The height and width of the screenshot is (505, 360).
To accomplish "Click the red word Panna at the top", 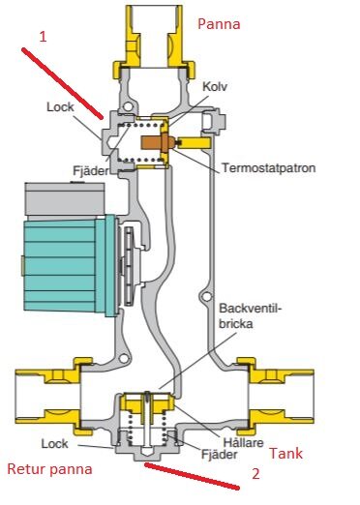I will (220, 23).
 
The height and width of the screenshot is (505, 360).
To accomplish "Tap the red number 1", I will (42, 36).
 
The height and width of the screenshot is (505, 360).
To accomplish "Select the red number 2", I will (256, 475).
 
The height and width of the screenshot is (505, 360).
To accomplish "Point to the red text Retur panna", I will (50, 470).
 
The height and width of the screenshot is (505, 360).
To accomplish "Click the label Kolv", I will (215, 86).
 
